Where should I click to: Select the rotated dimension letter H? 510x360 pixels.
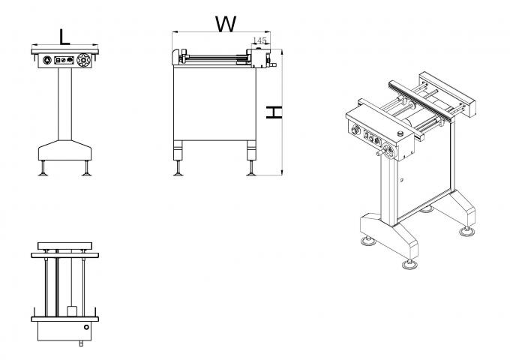(274, 112)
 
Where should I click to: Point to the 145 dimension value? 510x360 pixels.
(260, 40)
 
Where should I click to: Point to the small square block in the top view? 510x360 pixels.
(71, 310)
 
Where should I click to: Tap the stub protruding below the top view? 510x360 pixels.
(82, 343)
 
